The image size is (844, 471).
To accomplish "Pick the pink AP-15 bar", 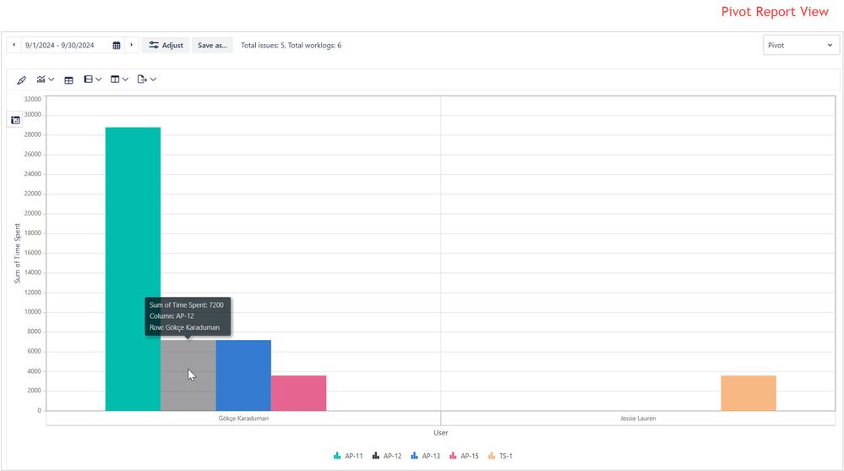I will click(x=298, y=393).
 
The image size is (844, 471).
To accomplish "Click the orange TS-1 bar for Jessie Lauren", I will click(x=748, y=393).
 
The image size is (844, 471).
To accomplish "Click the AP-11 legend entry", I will click(x=349, y=456).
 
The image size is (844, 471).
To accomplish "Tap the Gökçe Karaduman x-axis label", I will click(x=243, y=418).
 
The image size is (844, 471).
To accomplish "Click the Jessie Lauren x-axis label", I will click(x=638, y=418).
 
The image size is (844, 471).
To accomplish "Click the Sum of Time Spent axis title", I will click(x=17, y=253).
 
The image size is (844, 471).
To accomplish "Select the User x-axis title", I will click(x=440, y=433).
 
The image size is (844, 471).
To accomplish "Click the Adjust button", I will click(x=166, y=45).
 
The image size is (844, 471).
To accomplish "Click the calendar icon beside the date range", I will click(x=117, y=45).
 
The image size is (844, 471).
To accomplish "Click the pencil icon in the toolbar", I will click(x=21, y=79).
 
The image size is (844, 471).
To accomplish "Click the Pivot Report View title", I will click(x=775, y=12).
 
